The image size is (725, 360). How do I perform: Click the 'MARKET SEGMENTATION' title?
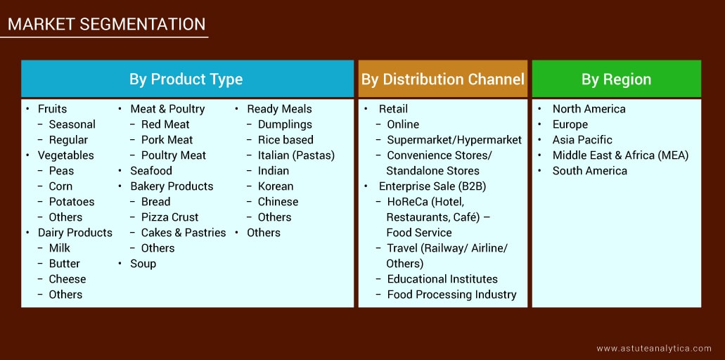pyautogui.click(x=107, y=25)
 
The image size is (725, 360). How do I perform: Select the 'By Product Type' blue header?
pyautogui.click(x=186, y=79)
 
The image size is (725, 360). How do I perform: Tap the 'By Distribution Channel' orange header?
pyautogui.click(x=443, y=79)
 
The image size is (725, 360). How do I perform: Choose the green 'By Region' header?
pyautogui.click(x=616, y=79)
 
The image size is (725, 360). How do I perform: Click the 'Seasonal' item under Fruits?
pyautogui.click(x=72, y=124)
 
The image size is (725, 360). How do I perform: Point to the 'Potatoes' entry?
pyautogui.click(x=71, y=202)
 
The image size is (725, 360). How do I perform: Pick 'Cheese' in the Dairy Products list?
pyautogui.click(x=67, y=279)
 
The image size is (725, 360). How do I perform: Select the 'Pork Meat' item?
pyautogui.click(x=167, y=140)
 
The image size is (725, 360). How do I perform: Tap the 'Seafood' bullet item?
pyautogui.click(x=150, y=171)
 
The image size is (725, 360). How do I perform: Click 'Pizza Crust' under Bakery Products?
pyautogui.click(x=169, y=217)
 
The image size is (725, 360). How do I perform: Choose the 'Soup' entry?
pyautogui.click(x=143, y=264)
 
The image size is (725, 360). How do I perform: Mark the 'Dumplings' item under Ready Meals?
pyautogui.click(x=284, y=124)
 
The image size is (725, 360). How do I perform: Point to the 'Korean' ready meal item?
pyautogui.click(x=276, y=186)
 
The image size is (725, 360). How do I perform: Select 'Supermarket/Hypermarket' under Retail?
pyautogui.click(x=454, y=140)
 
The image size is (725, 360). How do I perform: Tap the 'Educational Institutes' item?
pyautogui.click(x=442, y=279)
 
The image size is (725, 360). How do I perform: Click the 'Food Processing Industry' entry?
pyautogui.click(x=451, y=295)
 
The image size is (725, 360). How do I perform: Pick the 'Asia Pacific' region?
pyautogui.click(x=582, y=140)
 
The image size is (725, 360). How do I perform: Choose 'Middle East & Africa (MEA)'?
pyautogui.click(x=620, y=155)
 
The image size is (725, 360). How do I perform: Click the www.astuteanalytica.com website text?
pyautogui.click(x=654, y=348)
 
